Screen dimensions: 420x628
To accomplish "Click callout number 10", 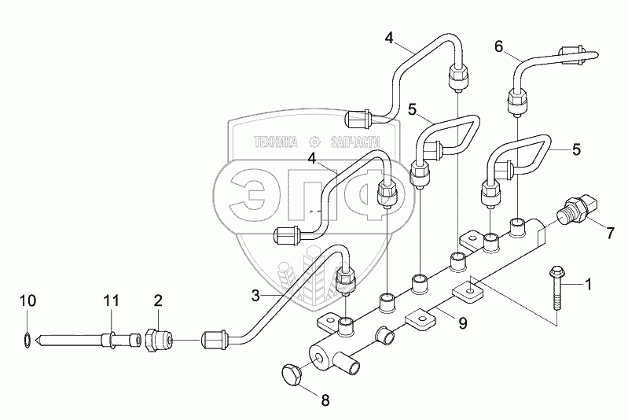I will [28, 300].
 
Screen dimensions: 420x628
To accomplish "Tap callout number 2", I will [158, 300].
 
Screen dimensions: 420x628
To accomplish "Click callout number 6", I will [498, 47].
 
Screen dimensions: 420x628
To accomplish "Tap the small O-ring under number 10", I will [28, 340].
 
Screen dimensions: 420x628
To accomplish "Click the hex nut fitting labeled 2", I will [160, 339].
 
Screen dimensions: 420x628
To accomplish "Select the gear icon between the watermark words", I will [315, 142].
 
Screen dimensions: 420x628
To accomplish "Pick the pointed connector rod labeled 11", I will [86, 339].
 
